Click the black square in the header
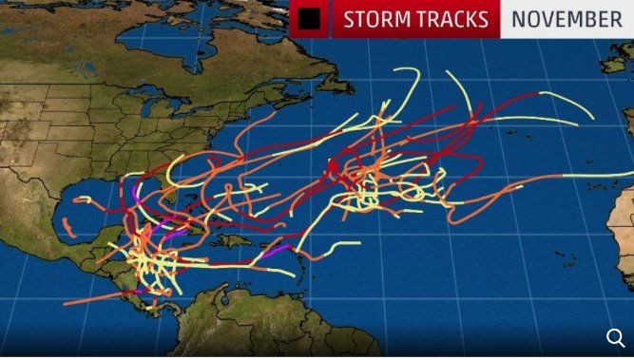[307, 19]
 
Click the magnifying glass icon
[615, 337]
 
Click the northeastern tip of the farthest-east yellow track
[592, 118]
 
